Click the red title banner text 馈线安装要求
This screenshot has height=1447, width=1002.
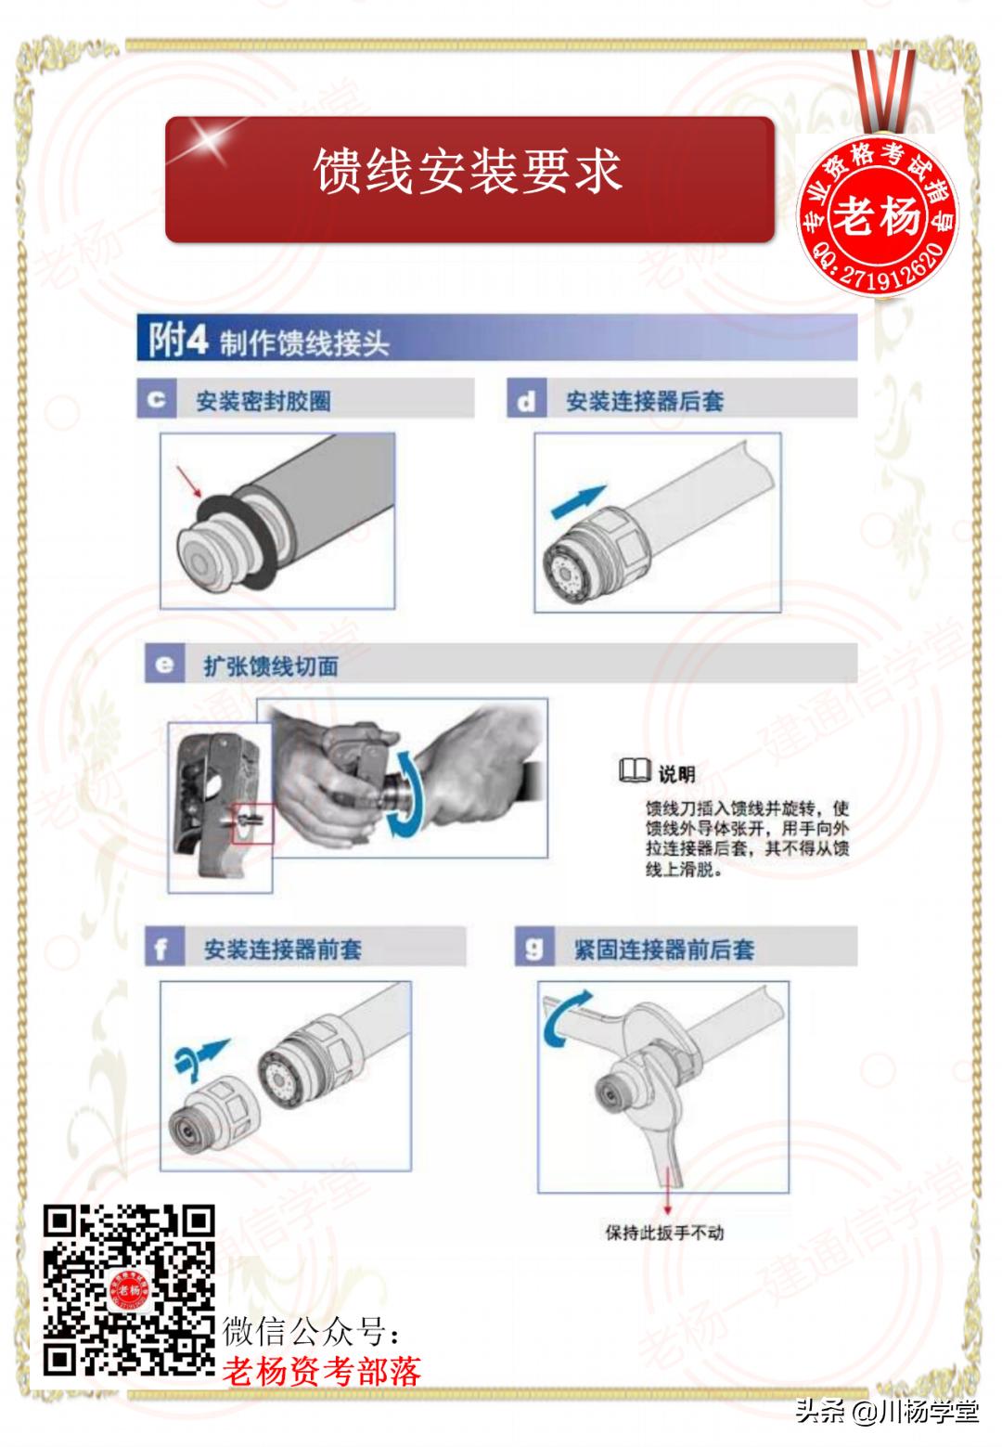tap(469, 172)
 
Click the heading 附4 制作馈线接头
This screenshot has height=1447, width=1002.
tap(269, 341)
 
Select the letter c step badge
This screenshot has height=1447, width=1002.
tap(156, 400)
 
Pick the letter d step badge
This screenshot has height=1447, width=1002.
tap(526, 400)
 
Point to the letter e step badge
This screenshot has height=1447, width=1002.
tap(164, 665)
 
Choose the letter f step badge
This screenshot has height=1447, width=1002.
tap(163, 949)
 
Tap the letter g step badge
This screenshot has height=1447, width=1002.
tap(533, 949)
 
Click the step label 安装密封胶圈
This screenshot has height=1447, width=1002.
tap(263, 401)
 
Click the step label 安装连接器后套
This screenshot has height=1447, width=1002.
tap(645, 401)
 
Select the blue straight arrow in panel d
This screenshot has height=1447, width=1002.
tap(577, 502)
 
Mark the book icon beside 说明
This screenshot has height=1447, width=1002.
tap(635, 771)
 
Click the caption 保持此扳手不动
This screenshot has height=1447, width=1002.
tap(664, 1233)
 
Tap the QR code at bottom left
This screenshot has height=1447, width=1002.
tap(130, 1290)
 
